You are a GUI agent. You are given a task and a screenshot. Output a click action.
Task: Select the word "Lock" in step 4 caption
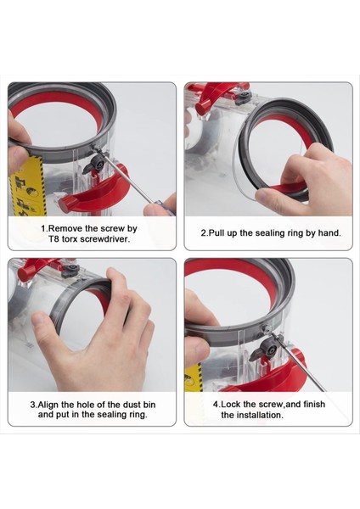click(x=231, y=404)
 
